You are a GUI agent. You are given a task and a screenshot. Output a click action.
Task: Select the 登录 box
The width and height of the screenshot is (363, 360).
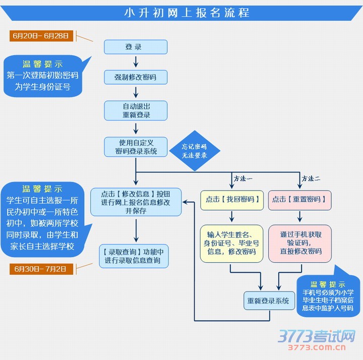point(135,47)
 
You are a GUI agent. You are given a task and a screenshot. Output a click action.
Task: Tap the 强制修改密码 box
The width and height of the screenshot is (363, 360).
point(135,77)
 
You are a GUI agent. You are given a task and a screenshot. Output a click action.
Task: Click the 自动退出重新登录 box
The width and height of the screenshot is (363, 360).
point(135,110)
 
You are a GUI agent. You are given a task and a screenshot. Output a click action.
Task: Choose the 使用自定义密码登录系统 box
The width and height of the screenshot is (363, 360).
point(135,147)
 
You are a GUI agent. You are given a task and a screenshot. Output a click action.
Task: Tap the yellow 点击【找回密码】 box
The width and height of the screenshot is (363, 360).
point(231,200)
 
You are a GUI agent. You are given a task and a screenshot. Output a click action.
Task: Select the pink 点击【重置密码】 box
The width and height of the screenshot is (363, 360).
point(300,200)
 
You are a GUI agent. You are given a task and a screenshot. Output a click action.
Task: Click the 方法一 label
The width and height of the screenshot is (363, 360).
point(243,178)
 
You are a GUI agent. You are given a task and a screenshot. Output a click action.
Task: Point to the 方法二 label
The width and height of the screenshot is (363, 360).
point(311,178)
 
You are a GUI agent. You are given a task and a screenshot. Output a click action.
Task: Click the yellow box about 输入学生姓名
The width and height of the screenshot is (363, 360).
point(231,243)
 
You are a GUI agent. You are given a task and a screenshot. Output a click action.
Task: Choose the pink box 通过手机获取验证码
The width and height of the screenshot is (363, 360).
point(300,243)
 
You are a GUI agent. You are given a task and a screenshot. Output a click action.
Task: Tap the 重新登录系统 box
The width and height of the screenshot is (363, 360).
point(268,301)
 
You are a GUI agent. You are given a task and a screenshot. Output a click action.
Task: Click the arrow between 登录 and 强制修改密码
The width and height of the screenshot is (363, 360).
point(135,62)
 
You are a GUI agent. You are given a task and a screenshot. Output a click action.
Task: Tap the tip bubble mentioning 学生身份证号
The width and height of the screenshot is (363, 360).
point(42,76)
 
